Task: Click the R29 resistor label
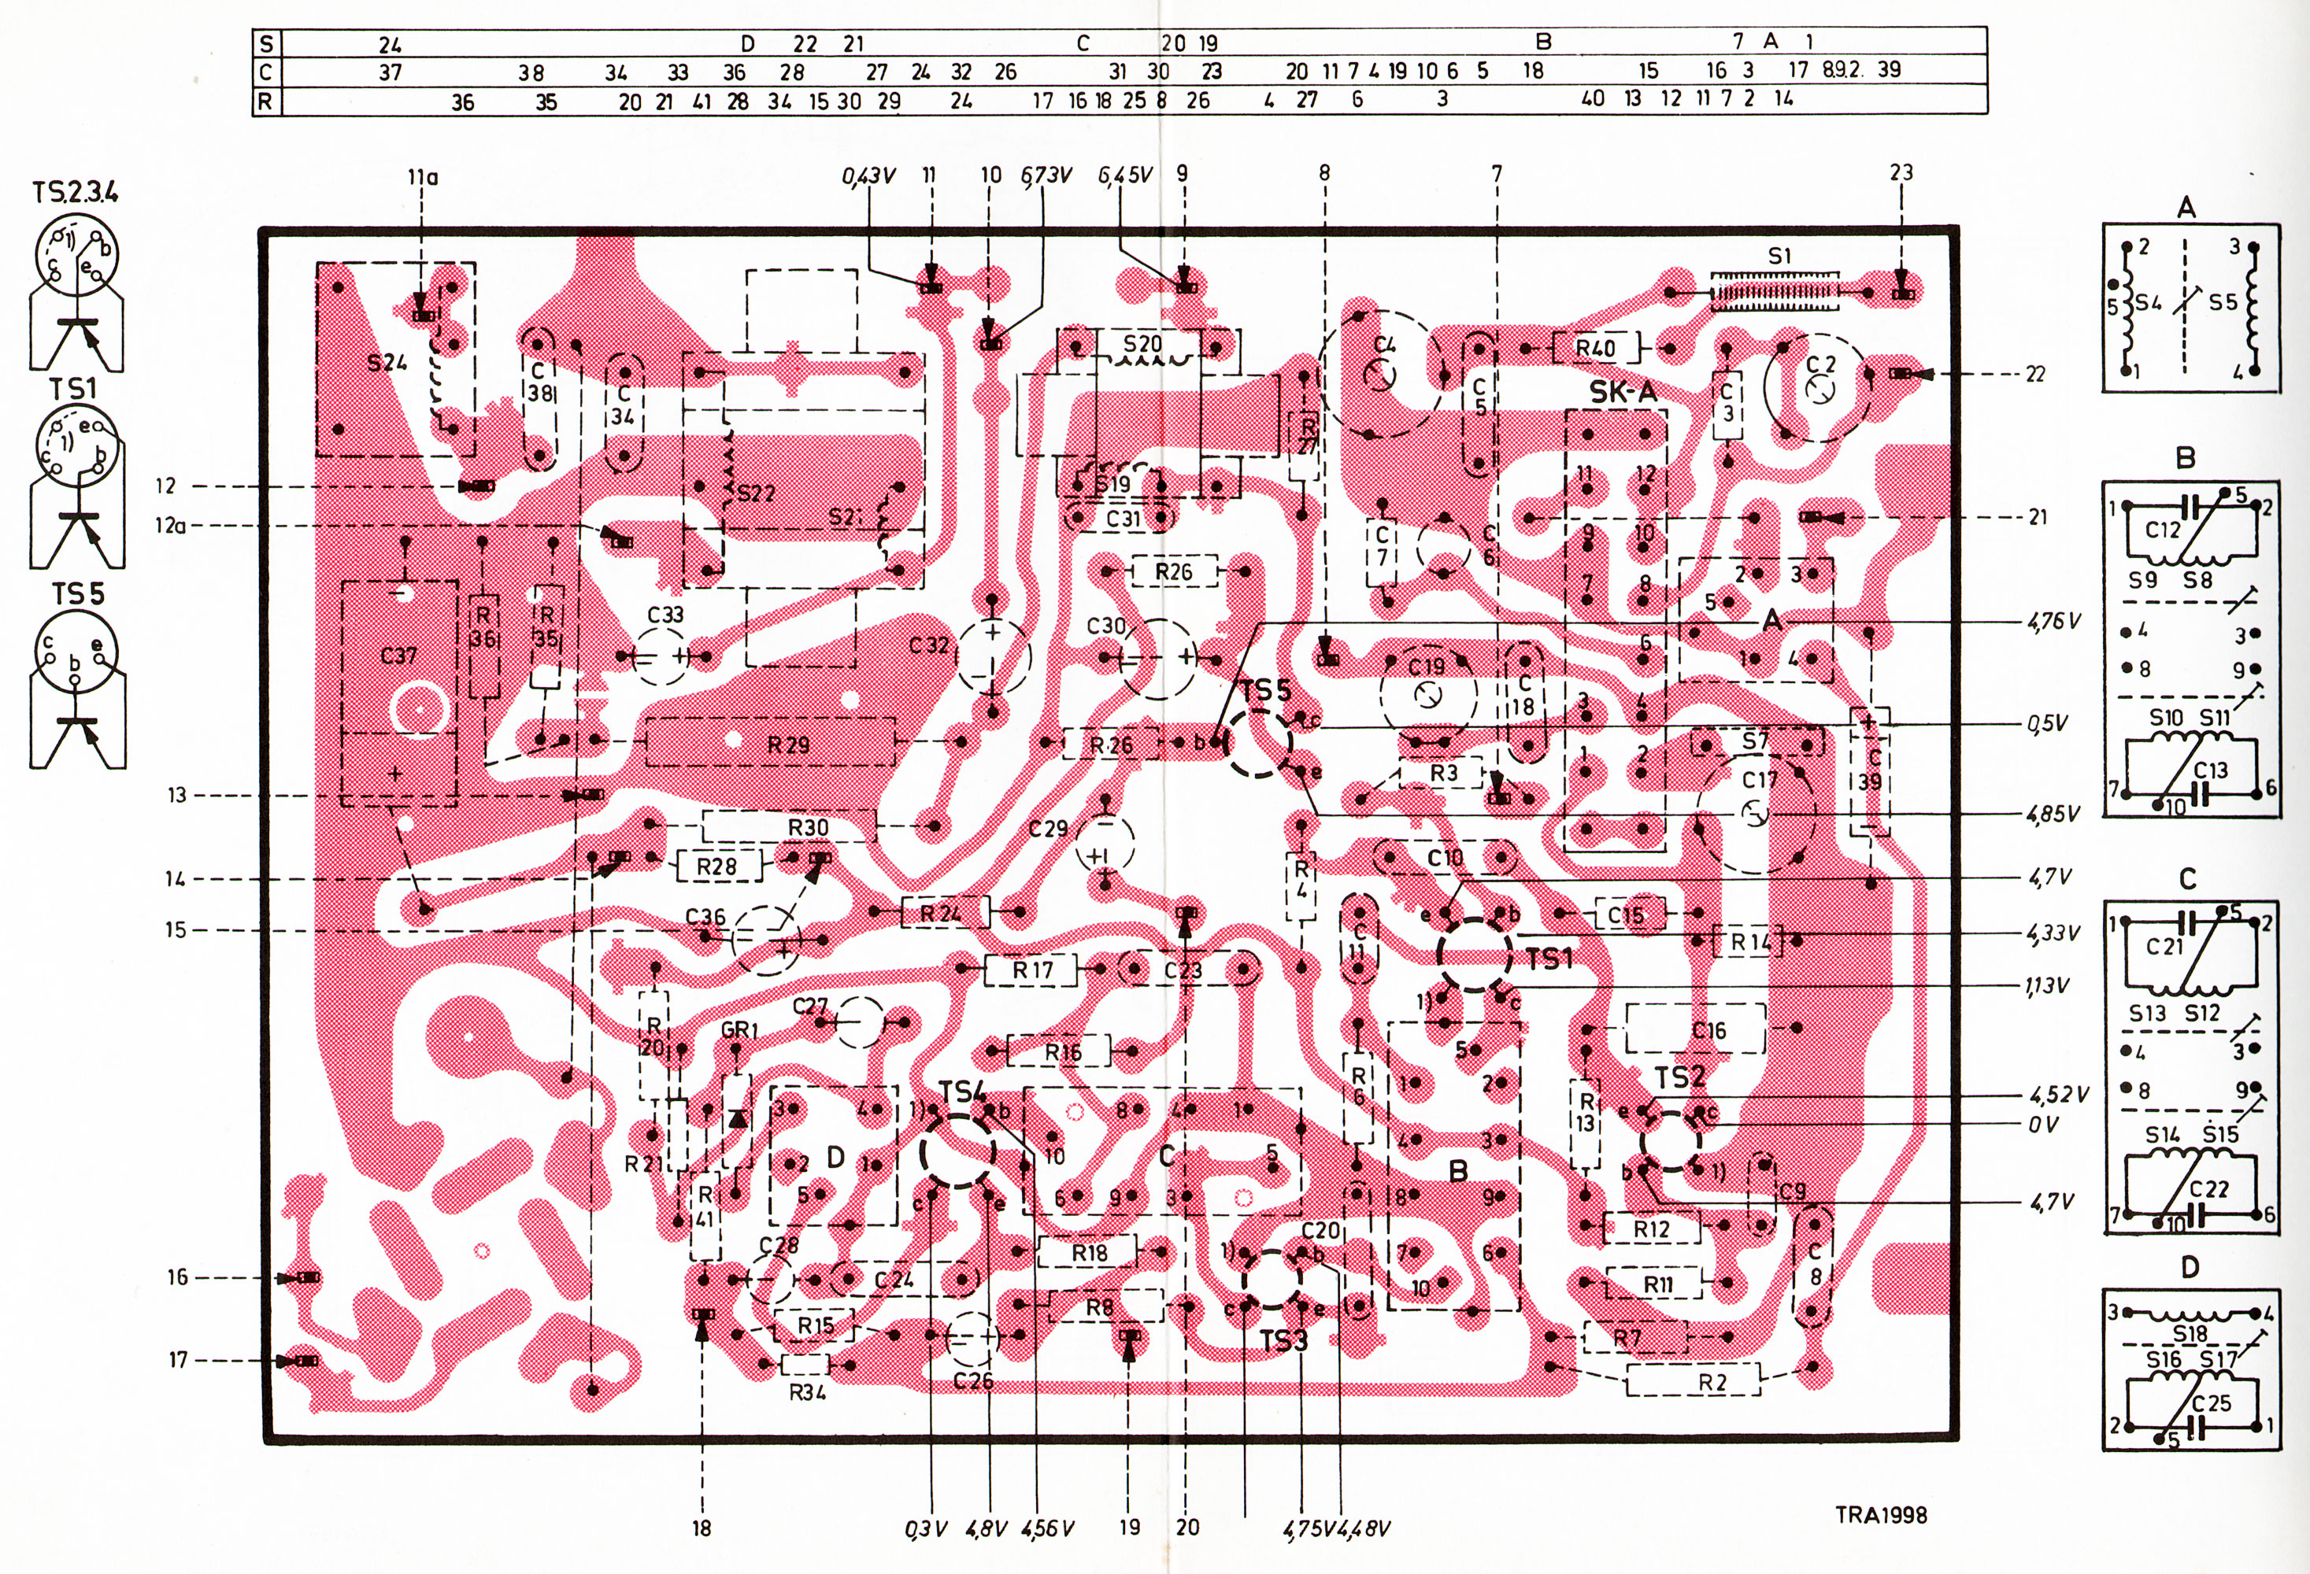[788, 745]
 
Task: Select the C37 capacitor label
[398, 656]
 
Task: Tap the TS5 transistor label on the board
[1264, 692]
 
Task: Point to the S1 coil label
[1779, 257]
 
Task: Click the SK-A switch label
[1623, 393]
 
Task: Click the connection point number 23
[1901, 173]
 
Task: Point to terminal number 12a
[170, 526]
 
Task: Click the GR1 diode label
[738, 1029]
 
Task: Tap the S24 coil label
[387, 364]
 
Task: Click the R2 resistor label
[1712, 1382]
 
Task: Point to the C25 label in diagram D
[2211, 1403]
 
